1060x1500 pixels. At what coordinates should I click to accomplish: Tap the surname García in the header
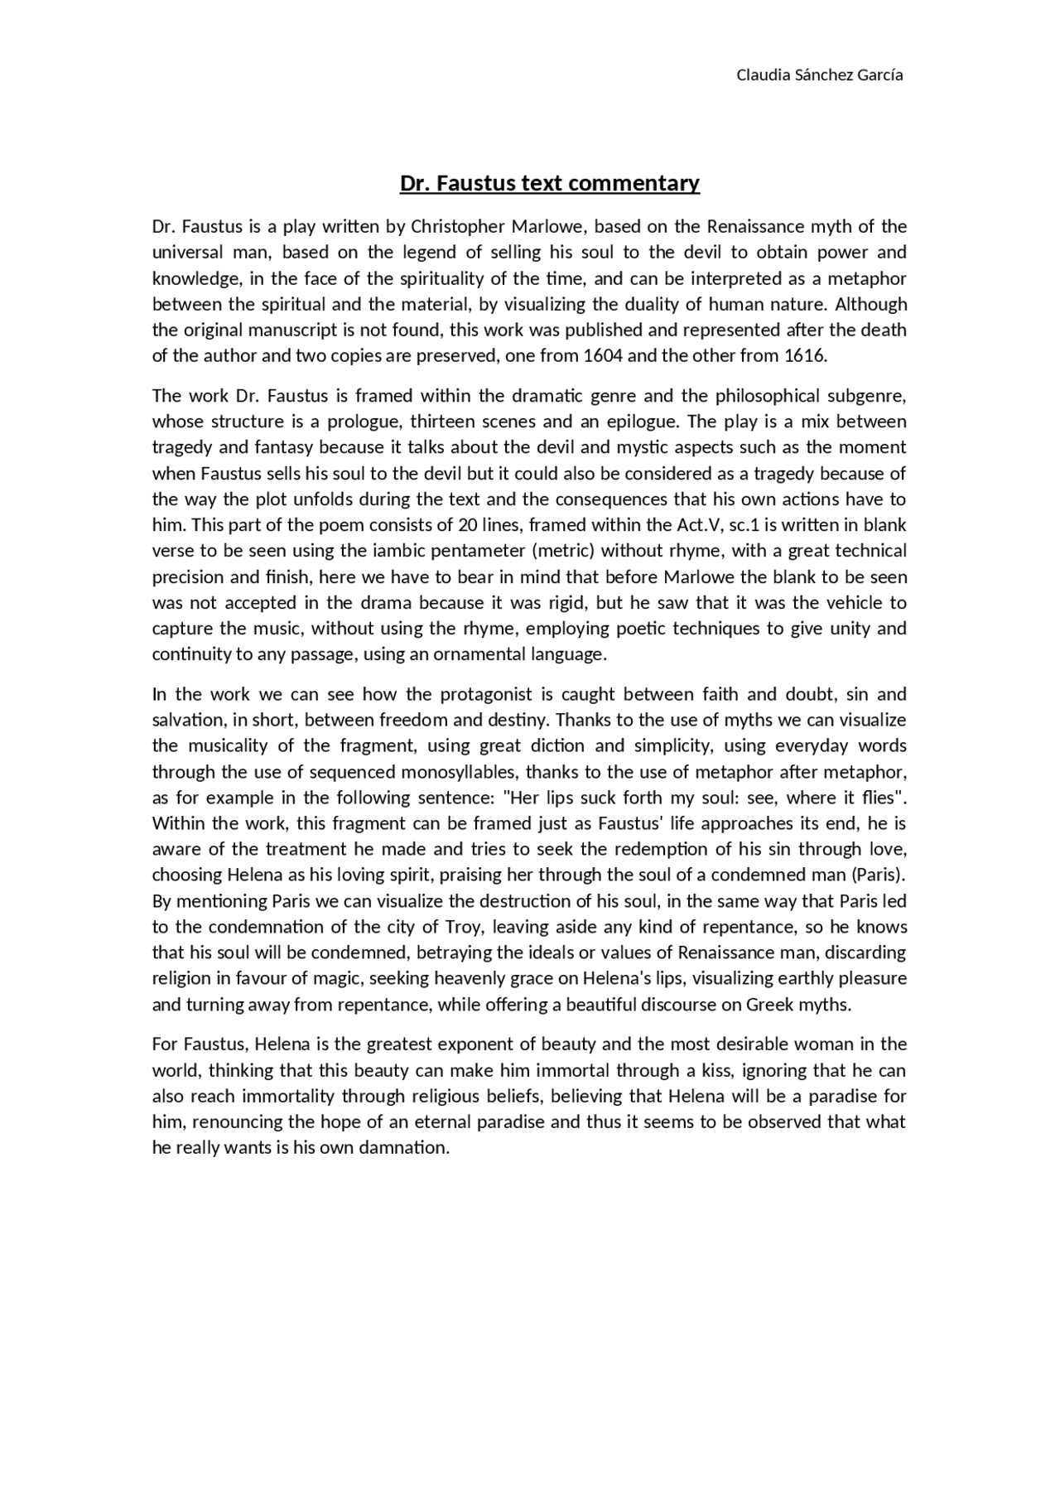[x=879, y=75]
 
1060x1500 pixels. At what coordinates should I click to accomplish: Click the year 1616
[x=804, y=356]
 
